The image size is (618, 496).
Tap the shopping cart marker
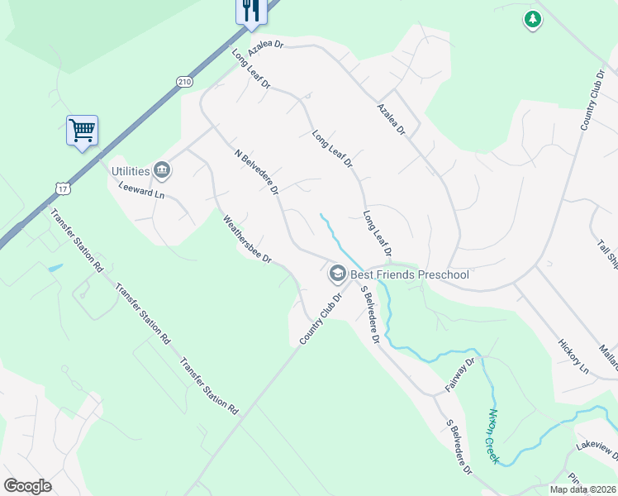click(x=82, y=130)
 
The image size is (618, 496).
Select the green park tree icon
click(x=533, y=18)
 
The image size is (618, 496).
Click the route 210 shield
click(x=183, y=81)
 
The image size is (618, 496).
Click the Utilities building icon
click(x=162, y=171)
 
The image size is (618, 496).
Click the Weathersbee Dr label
click(x=247, y=240)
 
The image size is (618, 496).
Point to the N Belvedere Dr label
click(x=257, y=173)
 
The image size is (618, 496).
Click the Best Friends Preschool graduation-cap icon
click(x=337, y=273)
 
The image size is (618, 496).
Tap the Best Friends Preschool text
click(x=410, y=274)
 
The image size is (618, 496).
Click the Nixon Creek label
click(x=494, y=435)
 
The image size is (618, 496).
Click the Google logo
click(x=27, y=486)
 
